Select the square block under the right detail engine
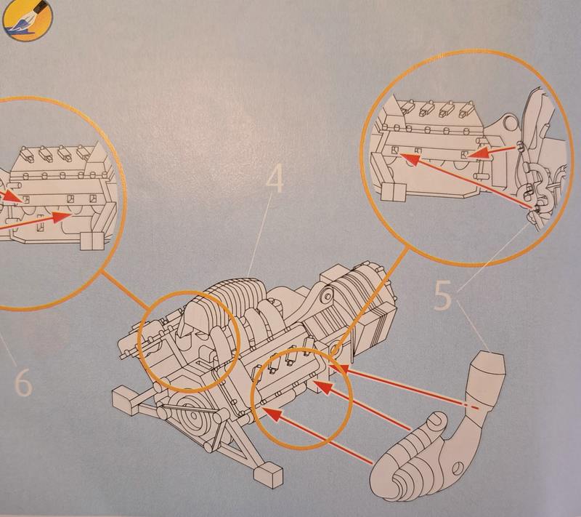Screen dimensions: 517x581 point(391,191)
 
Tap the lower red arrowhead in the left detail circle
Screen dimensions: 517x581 point(68,216)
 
